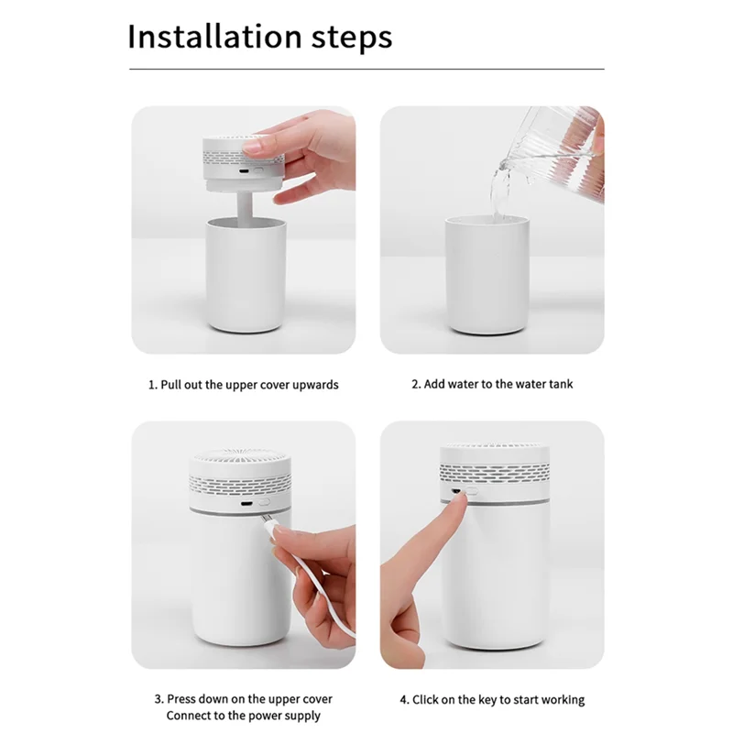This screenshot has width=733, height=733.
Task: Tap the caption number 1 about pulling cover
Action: (x=152, y=385)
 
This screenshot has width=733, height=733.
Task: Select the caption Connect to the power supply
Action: (x=244, y=715)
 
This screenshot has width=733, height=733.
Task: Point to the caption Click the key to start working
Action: (x=492, y=699)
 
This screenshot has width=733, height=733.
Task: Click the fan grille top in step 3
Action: (x=242, y=458)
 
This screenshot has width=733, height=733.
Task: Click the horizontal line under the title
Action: (x=366, y=69)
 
